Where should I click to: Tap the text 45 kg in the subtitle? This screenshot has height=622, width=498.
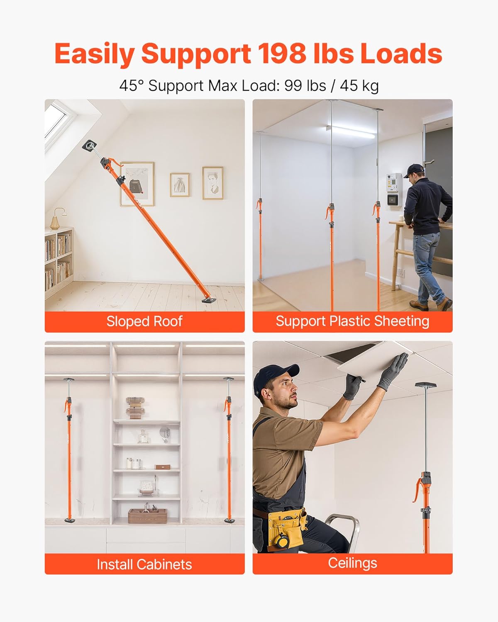click(359, 86)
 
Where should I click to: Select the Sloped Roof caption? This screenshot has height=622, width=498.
click(144, 321)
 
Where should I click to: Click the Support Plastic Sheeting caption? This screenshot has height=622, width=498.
click(352, 321)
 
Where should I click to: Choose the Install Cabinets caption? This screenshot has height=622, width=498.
click(144, 564)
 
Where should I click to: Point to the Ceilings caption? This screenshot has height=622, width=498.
click(352, 563)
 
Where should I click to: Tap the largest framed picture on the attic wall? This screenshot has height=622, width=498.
click(137, 184)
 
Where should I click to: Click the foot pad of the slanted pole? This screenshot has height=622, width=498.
click(209, 299)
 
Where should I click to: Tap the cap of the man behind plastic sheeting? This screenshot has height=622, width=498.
click(414, 169)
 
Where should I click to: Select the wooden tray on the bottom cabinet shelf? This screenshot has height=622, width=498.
click(147, 515)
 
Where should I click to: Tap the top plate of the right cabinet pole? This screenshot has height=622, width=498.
click(228, 379)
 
